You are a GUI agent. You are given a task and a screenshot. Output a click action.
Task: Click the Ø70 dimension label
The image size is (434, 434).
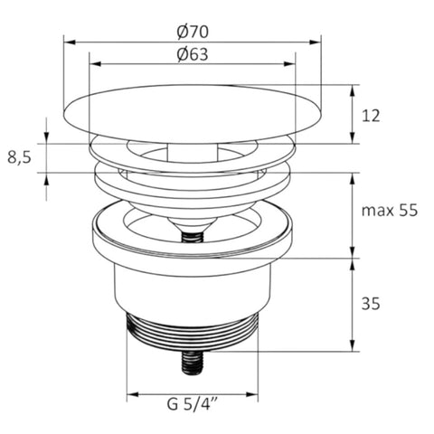pos(193,32)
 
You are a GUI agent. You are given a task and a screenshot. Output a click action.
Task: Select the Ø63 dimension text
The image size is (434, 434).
pos(193,54)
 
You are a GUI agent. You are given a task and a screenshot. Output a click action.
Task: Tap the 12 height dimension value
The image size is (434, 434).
pos(371,116)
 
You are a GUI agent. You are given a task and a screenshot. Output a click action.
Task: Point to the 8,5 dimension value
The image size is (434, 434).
pos(19,157)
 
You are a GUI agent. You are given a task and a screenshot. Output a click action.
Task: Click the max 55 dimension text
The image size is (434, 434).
pos(390,210)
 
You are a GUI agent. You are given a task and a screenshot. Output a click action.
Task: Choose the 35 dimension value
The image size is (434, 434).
pos(371,304)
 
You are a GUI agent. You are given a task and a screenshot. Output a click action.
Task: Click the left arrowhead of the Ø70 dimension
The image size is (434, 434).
pos(70,42)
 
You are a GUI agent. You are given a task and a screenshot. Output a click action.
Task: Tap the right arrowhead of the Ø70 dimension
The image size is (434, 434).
pos(315,42)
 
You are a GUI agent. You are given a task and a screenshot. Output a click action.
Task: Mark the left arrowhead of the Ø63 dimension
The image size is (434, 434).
pos(96,64)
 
